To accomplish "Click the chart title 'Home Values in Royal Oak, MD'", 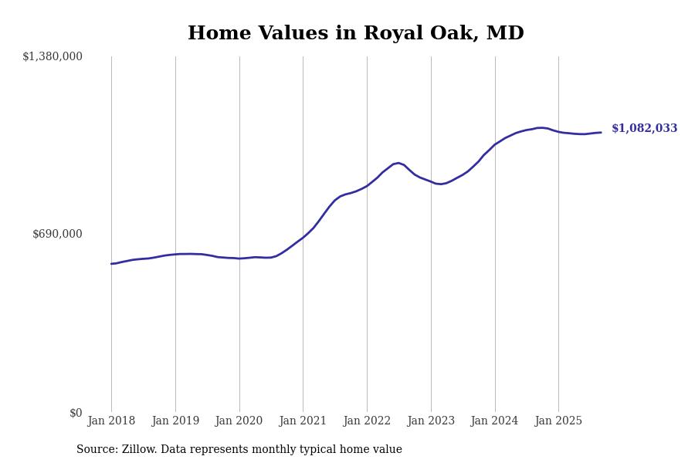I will (x=355, y=34).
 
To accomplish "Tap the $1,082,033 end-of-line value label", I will (x=644, y=129).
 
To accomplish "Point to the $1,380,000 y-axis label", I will (x=53, y=56).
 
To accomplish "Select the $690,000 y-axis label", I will (x=57, y=234).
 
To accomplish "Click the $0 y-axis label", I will (x=76, y=413).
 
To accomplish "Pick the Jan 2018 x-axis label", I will (x=111, y=421).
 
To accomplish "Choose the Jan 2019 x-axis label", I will (x=175, y=421).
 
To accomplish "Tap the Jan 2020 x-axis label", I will (x=239, y=421).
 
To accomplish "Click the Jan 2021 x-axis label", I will (x=303, y=421).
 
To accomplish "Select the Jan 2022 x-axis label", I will (x=367, y=421).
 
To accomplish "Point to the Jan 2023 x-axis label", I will (x=431, y=421).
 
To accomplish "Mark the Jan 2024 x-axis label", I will (x=495, y=421).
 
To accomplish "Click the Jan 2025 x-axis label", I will (x=558, y=421).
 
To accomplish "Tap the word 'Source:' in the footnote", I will (x=97, y=450).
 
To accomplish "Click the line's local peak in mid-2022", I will (x=398, y=163).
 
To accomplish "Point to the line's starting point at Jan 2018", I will (x=111, y=264).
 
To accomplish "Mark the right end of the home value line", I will (x=601, y=132).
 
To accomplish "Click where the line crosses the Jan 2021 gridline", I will (x=303, y=238).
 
